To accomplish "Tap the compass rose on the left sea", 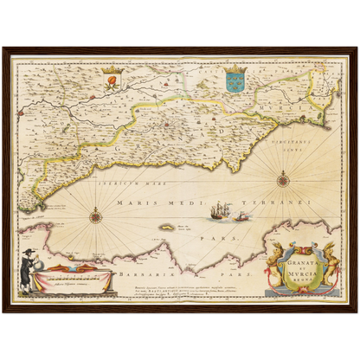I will click(95, 215).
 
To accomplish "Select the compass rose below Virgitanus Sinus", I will click(283, 180).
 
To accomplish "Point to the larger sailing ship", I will click(222, 210).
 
